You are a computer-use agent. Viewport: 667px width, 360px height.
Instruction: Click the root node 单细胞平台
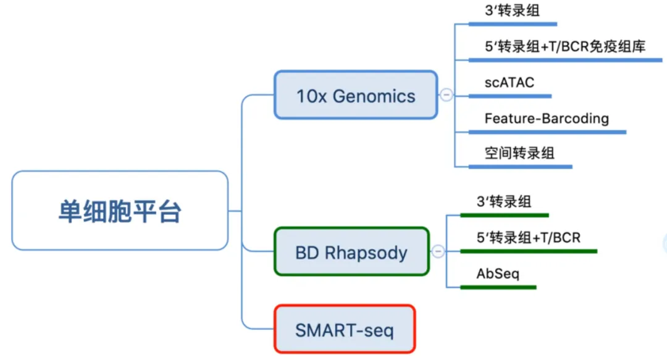click(120, 211)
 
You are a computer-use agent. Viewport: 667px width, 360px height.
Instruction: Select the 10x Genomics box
click(356, 95)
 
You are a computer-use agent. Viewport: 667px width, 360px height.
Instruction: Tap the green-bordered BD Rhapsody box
click(352, 251)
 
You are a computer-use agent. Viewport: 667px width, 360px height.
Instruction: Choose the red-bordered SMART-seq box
click(345, 329)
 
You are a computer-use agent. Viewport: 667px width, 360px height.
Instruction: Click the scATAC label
click(509, 82)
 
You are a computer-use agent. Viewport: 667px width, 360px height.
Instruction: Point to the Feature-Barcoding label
click(547, 119)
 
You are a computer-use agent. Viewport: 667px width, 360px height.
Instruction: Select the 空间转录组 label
click(519, 153)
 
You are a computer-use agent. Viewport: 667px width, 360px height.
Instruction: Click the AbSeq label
click(498, 274)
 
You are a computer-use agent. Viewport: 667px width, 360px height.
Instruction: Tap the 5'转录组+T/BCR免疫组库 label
click(565, 46)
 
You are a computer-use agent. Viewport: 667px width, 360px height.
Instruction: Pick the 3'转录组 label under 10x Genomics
click(512, 10)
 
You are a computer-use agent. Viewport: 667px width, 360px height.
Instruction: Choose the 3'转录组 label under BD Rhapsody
click(504, 201)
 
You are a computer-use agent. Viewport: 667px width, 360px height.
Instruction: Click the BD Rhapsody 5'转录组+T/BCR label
click(528, 238)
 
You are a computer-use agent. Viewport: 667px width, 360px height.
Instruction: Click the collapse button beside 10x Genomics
click(447, 94)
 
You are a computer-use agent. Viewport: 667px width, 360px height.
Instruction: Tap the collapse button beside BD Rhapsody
click(438, 251)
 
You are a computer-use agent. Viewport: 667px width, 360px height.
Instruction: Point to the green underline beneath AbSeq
click(498, 288)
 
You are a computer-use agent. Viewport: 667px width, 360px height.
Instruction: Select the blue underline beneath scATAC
click(510, 96)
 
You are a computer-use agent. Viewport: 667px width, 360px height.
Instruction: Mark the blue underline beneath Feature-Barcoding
click(547, 132)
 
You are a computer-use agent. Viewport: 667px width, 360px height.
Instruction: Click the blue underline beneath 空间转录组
click(520, 167)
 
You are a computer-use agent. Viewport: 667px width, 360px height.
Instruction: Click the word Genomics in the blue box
click(374, 96)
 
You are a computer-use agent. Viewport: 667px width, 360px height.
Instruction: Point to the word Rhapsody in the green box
click(366, 253)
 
